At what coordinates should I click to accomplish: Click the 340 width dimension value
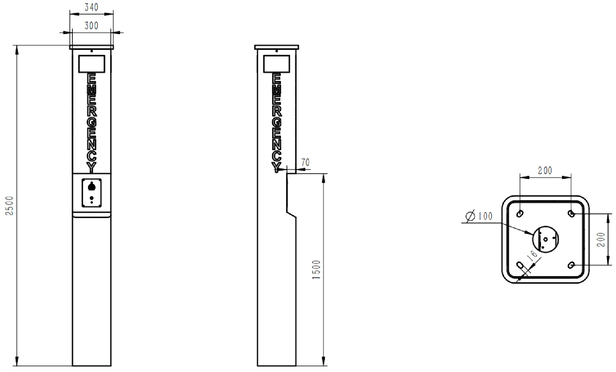pos(91,7)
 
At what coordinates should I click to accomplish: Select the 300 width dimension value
pos(91,25)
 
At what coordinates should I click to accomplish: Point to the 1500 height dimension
pos(316,270)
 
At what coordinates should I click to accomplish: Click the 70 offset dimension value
pos(305,162)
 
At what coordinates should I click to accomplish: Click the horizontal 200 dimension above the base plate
pos(545,170)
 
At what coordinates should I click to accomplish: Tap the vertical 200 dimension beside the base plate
pos(602,240)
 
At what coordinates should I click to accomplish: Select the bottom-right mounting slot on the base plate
pos(571,265)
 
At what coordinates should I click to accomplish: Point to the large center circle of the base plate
pos(546,240)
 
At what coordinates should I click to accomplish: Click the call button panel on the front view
pos(92,193)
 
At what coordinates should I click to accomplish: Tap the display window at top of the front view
pos(92,64)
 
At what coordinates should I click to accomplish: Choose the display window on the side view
pos(276,64)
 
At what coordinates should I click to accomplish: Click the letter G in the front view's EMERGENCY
pos(92,122)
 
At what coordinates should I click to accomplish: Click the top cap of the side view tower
pos(276,47)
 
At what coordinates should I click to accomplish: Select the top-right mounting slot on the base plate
pos(571,213)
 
